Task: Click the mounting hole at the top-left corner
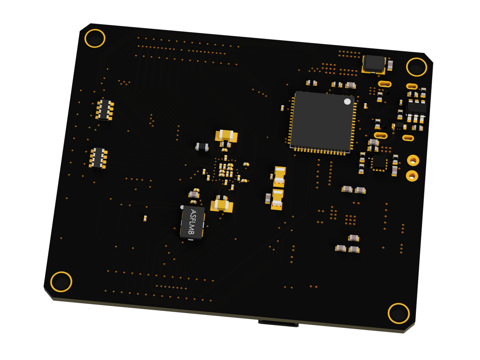(x=95, y=38)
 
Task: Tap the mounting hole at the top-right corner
(x=416, y=67)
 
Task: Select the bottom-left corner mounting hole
(x=61, y=282)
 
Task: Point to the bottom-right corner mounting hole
(x=398, y=313)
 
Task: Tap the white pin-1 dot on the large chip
(x=347, y=101)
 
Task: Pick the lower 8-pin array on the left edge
(x=98, y=158)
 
